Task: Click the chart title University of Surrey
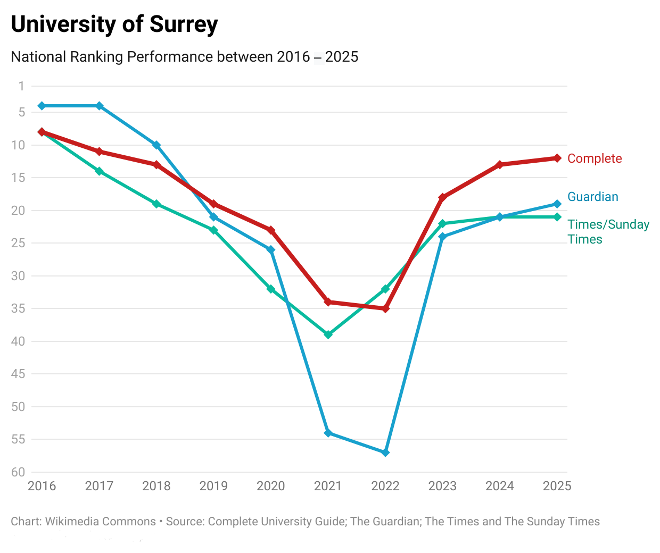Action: point(114,24)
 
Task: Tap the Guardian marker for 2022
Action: point(385,453)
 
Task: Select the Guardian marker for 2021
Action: point(328,433)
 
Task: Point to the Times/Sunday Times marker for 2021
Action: point(328,334)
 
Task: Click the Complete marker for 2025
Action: point(557,158)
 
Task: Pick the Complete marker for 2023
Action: point(442,197)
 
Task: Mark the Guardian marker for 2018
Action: point(156,145)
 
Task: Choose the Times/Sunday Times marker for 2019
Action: point(213,230)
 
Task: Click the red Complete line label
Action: point(595,158)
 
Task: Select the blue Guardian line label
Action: point(593,197)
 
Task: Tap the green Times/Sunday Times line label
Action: point(608,232)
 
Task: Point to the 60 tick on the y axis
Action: point(18,472)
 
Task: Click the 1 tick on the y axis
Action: point(21,86)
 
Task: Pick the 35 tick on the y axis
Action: point(18,308)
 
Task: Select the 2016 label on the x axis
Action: point(42,486)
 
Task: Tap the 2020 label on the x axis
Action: point(271,486)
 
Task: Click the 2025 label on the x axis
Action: point(557,486)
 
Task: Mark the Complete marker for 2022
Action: point(385,308)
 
